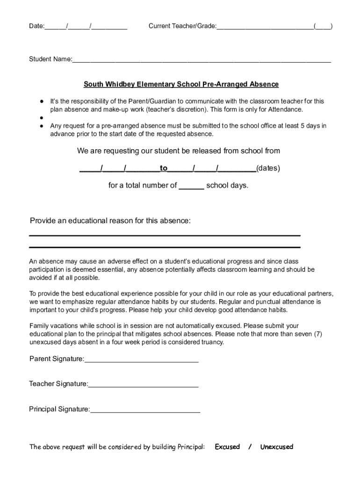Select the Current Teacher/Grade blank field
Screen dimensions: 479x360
[x=265, y=27]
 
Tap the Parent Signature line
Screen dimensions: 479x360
[x=141, y=360]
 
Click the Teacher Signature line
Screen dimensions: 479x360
[x=143, y=385]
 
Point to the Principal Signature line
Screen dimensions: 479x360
[x=145, y=410]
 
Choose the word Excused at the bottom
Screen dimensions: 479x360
[x=227, y=447]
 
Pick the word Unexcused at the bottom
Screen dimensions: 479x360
[x=276, y=447]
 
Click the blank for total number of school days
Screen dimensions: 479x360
[x=192, y=186]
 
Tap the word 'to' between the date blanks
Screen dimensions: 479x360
[x=164, y=168]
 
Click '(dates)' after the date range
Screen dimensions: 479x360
[x=268, y=168]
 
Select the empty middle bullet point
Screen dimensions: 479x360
[x=42, y=117]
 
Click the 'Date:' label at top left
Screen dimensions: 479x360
[x=36, y=26]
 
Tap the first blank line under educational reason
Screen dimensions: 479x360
[x=165, y=235]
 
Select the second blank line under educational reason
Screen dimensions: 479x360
[x=165, y=247]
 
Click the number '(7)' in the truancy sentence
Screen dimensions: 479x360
[x=317, y=334]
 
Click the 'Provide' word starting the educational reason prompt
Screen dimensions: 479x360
[x=43, y=220]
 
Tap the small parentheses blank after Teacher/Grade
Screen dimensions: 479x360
[x=323, y=27]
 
